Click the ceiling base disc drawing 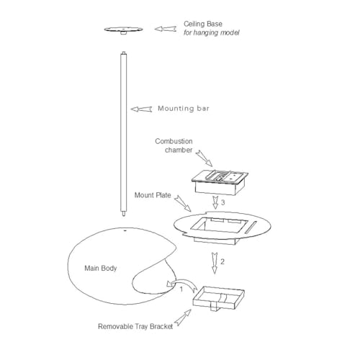point(123,30)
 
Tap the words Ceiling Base point(203,24)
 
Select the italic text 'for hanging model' point(212,32)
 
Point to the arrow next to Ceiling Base point(166,29)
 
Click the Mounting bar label point(184,109)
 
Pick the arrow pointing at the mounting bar point(141,109)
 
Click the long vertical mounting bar point(123,134)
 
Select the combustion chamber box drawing point(220,182)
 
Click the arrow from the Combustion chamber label point(204,158)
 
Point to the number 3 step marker point(223,202)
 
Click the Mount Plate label point(153,195)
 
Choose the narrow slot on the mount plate point(251,227)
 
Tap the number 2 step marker point(222,261)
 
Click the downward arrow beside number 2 point(215,263)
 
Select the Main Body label point(101,268)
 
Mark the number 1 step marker point(181,289)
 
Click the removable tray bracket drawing point(219,298)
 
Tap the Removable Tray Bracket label point(135,326)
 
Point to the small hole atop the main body point(125,230)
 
